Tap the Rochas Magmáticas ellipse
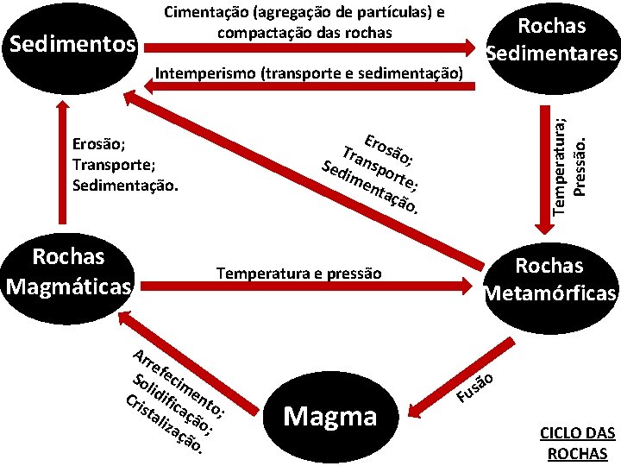pyautogui.click(x=67, y=271)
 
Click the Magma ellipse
pyautogui.click(x=330, y=417)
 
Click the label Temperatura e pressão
pyautogui.click(x=298, y=274)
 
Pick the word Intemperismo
pyautogui.click(x=204, y=72)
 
